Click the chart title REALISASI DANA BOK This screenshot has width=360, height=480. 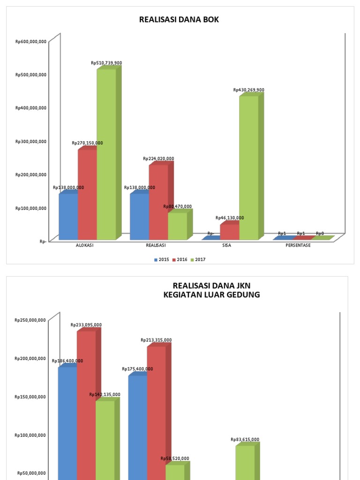coord(179,20)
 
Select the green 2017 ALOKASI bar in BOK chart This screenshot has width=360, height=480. coord(106,155)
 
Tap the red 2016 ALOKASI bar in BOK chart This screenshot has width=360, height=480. coord(87,195)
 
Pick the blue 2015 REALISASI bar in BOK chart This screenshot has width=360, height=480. coord(139,217)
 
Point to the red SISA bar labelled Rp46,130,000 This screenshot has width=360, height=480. coord(230,232)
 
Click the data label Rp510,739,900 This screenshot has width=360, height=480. coord(106,63)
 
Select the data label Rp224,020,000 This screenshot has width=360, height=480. coord(158,159)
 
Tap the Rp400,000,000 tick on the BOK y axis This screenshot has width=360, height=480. coord(31,108)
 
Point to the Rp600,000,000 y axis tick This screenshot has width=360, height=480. coord(31,41)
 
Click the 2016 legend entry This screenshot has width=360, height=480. coord(181,260)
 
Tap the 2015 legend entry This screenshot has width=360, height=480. coord(162,260)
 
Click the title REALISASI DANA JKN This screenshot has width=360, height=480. coord(208,285)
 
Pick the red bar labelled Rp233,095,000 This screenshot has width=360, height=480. coord(86,403)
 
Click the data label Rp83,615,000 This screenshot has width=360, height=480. coord(245,440)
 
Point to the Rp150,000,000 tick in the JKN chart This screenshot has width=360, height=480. coord(31,397)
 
